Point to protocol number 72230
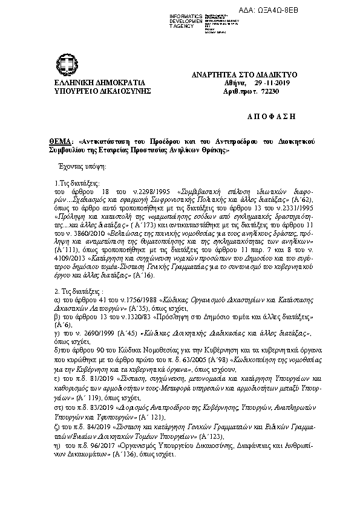point(264,91)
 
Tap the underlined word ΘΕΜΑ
point(61,140)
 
